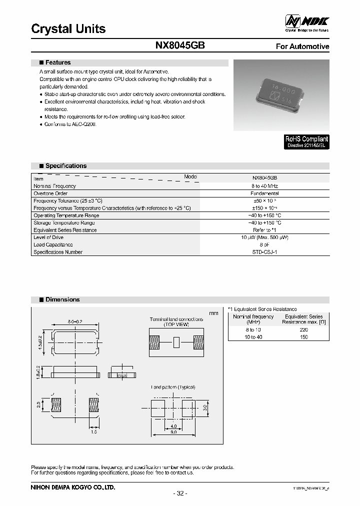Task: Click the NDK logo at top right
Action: pos(307,22)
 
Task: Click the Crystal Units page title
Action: pos(68,28)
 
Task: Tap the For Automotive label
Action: pos(302,46)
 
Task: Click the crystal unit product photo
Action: pos(281,95)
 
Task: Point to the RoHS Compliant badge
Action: pos(306,141)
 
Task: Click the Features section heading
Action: pos(57,62)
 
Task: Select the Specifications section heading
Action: pos(65,165)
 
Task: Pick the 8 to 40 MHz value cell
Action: pos(265,186)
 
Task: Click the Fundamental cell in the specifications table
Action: pos(265,193)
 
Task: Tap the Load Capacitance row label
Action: pos(53,244)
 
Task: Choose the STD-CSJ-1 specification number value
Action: pos(265,252)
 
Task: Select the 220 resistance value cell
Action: pos(303,330)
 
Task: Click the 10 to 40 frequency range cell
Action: pos(253,337)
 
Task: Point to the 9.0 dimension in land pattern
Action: pos(173,431)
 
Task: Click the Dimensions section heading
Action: pos(62,299)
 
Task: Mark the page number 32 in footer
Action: pos(180,493)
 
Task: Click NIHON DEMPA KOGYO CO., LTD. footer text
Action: pos(73,486)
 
